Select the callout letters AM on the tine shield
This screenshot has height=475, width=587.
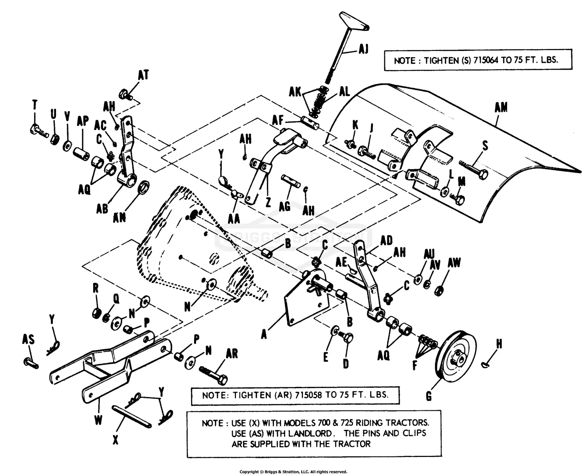501,108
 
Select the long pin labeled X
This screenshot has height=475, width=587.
131,417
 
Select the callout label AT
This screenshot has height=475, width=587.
143,75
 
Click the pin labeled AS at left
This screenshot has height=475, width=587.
31,362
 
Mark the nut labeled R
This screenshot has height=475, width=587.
96,312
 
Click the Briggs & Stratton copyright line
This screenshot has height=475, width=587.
293,471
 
